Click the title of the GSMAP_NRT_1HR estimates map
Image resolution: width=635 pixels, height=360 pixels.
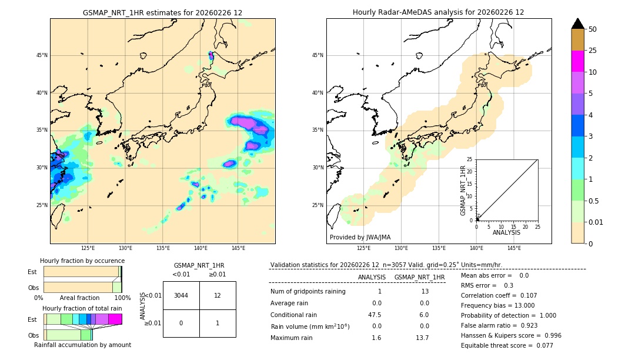(162, 12)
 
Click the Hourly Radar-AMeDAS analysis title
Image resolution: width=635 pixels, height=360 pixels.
(438, 12)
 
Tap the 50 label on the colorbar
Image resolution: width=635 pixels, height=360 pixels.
(593, 29)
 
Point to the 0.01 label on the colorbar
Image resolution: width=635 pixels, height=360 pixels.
(596, 222)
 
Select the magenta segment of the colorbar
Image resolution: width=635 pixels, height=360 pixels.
(577, 61)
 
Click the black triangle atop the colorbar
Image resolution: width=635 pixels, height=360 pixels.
(577, 24)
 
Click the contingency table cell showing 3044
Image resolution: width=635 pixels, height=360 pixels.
(181, 295)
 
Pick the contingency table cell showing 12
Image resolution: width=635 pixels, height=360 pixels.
(218, 295)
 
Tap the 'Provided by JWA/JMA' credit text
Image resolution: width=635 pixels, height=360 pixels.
(360, 238)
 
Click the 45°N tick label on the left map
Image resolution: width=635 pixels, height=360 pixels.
(42, 55)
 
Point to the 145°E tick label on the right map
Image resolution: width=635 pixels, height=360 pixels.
(514, 248)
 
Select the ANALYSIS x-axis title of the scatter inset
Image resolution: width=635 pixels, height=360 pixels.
(506, 232)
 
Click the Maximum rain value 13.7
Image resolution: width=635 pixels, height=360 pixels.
(423, 338)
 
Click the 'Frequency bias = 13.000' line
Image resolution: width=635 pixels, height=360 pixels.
(497, 305)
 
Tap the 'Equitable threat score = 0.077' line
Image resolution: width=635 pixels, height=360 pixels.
(507, 345)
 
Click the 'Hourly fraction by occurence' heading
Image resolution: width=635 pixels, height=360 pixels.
(82, 261)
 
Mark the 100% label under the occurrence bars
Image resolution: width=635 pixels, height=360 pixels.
(122, 298)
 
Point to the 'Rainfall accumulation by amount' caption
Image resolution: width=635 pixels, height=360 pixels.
(82, 345)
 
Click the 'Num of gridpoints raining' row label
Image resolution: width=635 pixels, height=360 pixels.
(308, 291)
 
